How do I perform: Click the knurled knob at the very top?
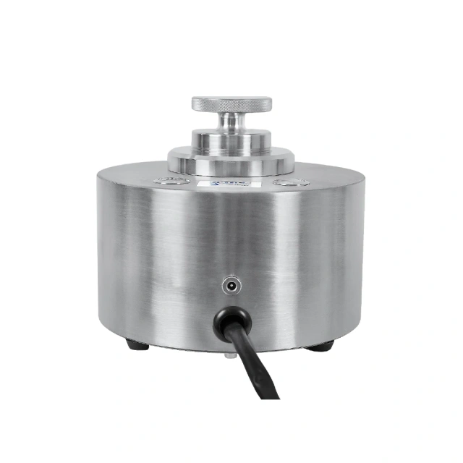231,103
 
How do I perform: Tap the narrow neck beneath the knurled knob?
231,121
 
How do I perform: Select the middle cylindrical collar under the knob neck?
231,140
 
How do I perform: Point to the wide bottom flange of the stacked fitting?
231,161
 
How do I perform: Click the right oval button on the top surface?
291,182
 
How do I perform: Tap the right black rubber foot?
319,346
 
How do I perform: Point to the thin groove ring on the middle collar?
231,145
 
